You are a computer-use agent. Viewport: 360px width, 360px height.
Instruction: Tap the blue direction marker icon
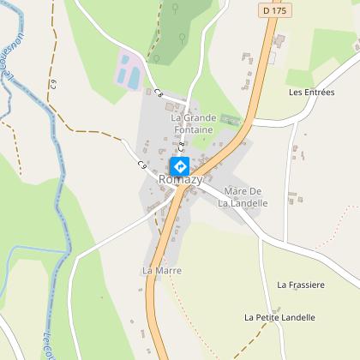[180, 165]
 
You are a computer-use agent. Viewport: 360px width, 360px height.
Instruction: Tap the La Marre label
[158, 271]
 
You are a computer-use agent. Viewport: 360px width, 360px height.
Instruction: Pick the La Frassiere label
[301, 284]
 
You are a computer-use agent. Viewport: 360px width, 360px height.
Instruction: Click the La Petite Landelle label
[279, 317]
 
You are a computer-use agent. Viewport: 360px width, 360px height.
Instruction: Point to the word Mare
[234, 190]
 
